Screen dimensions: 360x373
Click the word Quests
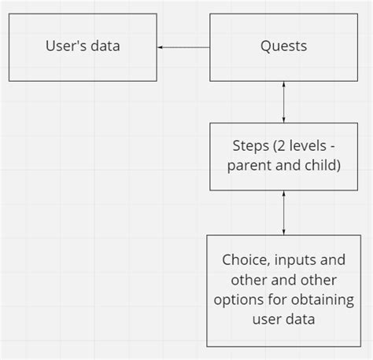(283, 46)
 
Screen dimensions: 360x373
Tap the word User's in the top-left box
(68, 46)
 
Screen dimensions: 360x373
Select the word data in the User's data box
(106, 46)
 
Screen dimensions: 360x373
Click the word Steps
(251, 146)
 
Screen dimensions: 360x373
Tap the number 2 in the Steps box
(281, 146)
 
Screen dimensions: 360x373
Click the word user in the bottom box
(266, 321)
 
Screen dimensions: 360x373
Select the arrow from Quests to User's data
(184, 47)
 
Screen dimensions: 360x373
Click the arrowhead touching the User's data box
(161, 47)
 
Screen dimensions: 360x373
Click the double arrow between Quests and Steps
(283, 101)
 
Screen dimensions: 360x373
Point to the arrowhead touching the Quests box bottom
(283, 85)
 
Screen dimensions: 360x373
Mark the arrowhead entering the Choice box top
(283, 230)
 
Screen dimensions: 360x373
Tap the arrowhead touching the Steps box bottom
(283, 194)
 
